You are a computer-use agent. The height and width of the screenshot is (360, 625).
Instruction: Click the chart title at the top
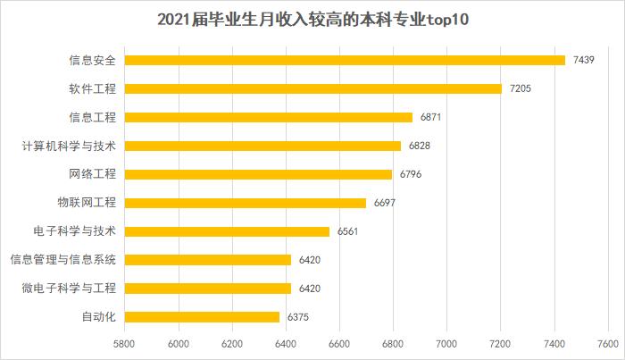pos(312,19)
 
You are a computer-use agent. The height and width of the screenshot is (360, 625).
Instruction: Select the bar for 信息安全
pos(345,60)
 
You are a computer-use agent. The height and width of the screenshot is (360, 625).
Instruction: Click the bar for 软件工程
pos(312,88)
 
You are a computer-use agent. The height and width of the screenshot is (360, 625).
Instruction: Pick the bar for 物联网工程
pos(245,203)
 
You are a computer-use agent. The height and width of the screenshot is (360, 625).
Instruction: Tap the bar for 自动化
pos(202,316)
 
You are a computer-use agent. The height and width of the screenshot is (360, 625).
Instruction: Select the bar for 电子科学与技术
pos(227,231)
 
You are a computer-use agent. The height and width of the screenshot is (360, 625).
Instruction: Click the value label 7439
pos(586,60)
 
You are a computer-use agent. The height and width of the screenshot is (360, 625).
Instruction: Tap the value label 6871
pos(433,117)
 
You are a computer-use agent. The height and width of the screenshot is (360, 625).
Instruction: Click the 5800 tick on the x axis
pos(124,343)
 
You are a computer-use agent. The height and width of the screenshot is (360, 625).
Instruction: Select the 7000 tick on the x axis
pos(446,343)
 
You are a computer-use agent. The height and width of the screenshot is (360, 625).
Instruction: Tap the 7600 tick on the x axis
pos(608,343)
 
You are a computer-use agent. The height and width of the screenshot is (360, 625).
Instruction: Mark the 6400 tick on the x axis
pos(286,343)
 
